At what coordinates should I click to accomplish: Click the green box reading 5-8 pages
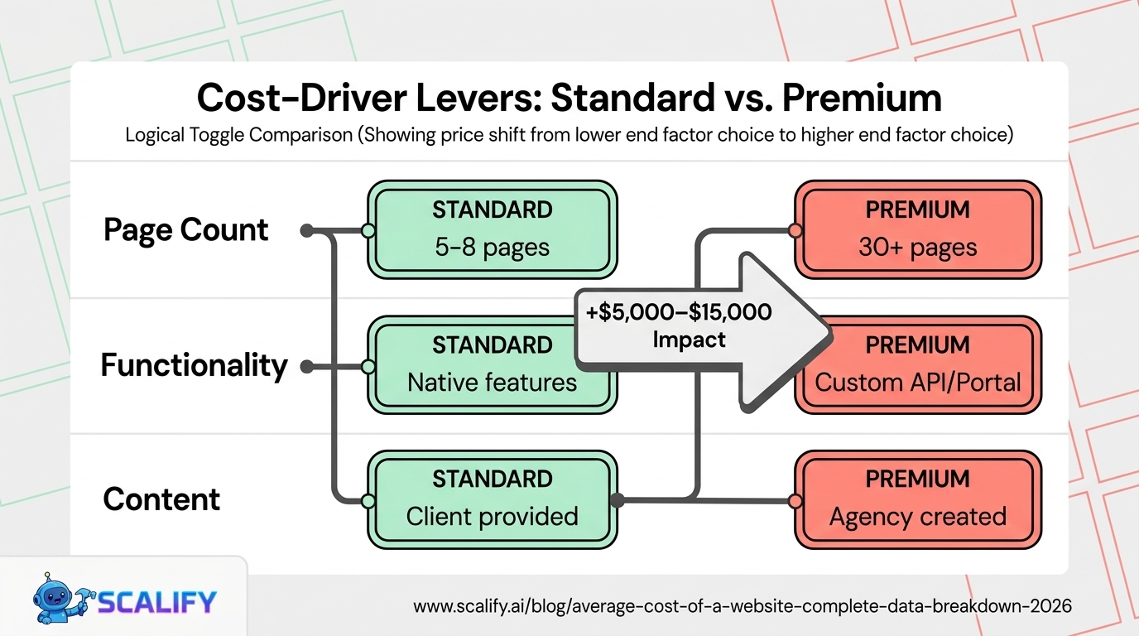coord(493,229)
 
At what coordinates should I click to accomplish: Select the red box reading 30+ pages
coord(918,229)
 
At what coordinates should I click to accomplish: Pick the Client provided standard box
coord(493,499)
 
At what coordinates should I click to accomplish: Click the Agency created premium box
coord(918,499)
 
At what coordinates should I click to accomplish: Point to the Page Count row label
coord(185,230)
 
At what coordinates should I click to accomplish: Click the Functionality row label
coord(195,365)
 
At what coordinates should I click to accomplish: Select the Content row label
coord(161,499)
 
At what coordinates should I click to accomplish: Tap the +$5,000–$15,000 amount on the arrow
coord(678,312)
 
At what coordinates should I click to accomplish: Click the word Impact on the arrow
coord(689,340)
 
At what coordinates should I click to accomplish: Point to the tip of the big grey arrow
coord(831,335)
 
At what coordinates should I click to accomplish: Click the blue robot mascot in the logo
coord(60,599)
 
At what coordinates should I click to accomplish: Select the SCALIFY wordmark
coord(156,602)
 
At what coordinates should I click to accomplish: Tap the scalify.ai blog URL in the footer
coord(743,606)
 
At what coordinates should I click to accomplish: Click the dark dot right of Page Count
coord(307,230)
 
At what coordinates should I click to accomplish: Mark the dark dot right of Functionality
coord(307,366)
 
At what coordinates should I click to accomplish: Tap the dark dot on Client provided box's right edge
coord(617,500)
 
